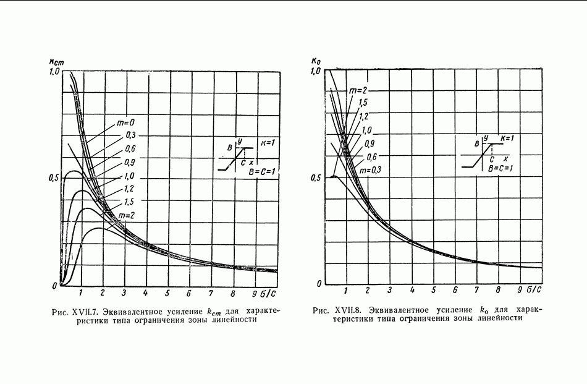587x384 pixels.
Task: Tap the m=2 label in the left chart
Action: [127, 215]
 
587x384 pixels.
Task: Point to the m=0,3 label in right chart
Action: [370, 170]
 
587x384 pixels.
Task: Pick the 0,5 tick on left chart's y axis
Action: [53, 179]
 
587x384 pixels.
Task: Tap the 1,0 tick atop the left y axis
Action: [53, 72]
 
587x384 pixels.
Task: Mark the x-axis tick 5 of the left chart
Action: [167, 292]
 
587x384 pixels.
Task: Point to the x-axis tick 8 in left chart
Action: [232, 292]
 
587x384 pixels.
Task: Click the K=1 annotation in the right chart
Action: [509, 137]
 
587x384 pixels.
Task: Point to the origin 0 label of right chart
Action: [319, 284]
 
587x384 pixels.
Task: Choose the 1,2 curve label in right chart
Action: [364, 116]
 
